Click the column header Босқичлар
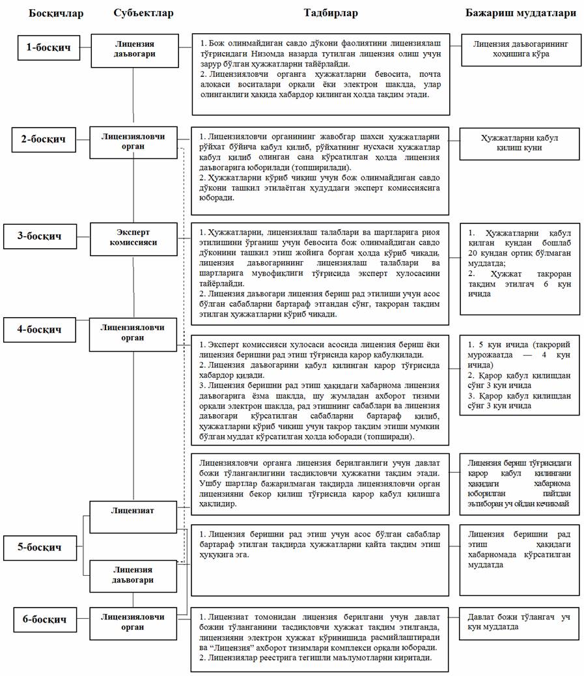(56, 13)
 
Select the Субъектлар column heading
(143, 13)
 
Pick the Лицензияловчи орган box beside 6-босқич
(133, 621)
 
